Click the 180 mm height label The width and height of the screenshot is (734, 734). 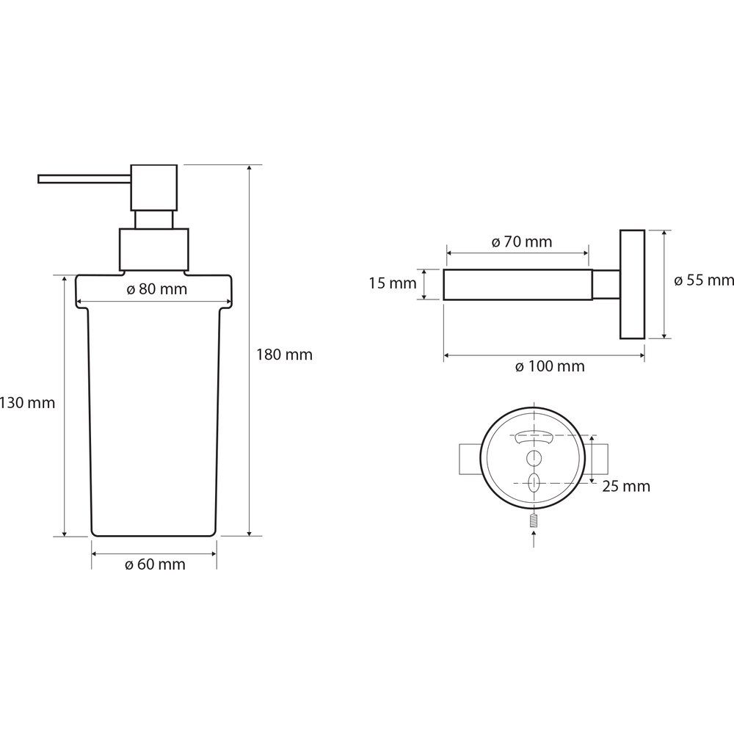pos(284,355)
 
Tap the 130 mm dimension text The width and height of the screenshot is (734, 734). pos(27,402)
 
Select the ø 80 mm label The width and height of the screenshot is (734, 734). pos(157,289)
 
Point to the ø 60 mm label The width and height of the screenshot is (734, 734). pos(155,564)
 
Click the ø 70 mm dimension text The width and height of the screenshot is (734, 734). pos(522,241)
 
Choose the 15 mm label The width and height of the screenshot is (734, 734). pos(392,283)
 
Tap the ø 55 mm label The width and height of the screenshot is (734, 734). pos(704,280)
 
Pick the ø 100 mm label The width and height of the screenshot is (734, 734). pos(550,366)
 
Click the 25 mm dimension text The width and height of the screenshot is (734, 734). pos(626,487)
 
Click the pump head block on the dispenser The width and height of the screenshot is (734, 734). pos(154,187)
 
